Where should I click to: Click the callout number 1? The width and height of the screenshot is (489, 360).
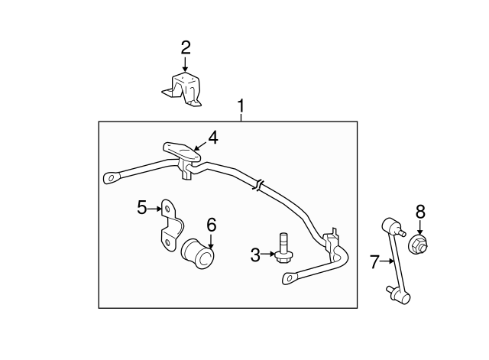pyautogui.click(x=241, y=106)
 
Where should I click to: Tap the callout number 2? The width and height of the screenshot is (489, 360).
pyautogui.click(x=186, y=48)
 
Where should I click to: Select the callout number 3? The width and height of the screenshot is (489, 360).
pyautogui.click(x=255, y=255)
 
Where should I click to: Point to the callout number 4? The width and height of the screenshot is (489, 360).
pyautogui.click(x=213, y=138)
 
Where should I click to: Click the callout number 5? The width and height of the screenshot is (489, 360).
pyautogui.click(x=142, y=207)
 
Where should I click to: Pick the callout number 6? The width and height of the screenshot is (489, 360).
pyautogui.click(x=212, y=225)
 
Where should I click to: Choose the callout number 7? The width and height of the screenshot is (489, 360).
pyautogui.click(x=374, y=261)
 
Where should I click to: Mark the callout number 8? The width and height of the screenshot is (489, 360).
pyautogui.click(x=420, y=212)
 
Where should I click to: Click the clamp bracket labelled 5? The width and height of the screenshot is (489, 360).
pyautogui.click(x=171, y=225)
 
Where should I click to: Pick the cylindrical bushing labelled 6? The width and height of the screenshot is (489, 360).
pyautogui.click(x=198, y=253)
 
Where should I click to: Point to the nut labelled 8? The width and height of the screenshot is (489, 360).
pyautogui.click(x=418, y=245)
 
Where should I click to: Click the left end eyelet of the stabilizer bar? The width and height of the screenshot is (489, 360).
pyautogui.click(x=112, y=178)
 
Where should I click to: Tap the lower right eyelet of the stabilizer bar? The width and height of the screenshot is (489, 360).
pyautogui.click(x=290, y=277)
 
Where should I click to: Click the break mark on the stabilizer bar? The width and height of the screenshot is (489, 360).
pyautogui.click(x=258, y=185)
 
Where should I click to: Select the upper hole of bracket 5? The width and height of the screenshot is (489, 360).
pyautogui.click(x=167, y=208)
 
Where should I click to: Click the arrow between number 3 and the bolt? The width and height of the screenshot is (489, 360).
pyautogui.click(x=268, y=255)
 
